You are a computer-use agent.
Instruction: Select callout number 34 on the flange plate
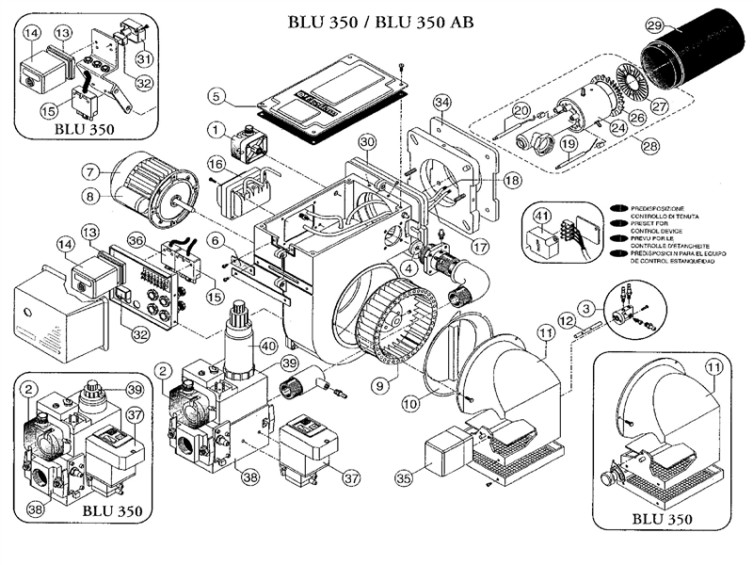pyautogui.click(x=441, y=102)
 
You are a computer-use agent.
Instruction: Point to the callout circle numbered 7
pyautogui.click(x=90, y=172)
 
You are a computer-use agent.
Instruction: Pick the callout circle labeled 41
pyautogui.click(x=540, y=218)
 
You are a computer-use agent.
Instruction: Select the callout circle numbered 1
pyautogui.click(x=216, y=127)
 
